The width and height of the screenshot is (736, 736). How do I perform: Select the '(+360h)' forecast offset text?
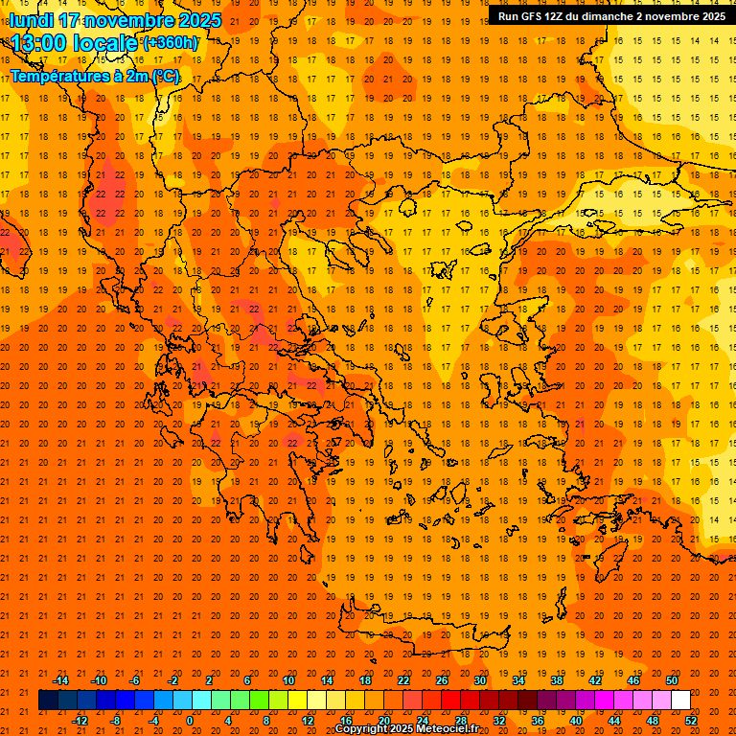pyautogui.click(x=172, y=43)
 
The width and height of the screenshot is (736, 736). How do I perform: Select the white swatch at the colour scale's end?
pyautogui.click(x=680, y=701)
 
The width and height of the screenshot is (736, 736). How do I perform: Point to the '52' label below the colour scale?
pyautogui.click(x=691, y=721)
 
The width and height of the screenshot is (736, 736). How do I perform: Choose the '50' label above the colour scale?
pyautogui.click(x=672, y=680)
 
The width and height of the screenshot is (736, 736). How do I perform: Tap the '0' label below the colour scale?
pyautogui.click(x=190, y=721)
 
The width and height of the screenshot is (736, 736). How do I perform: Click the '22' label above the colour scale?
pyautogui.click(x=403, y=680)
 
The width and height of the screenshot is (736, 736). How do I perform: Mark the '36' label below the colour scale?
pyautogui.click(x=538, y=721)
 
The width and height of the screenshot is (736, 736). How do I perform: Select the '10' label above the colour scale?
pyautogui.click(x=288, y=680)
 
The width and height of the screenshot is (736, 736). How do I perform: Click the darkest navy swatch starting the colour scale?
pyautogui.click(x=48, y=701)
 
